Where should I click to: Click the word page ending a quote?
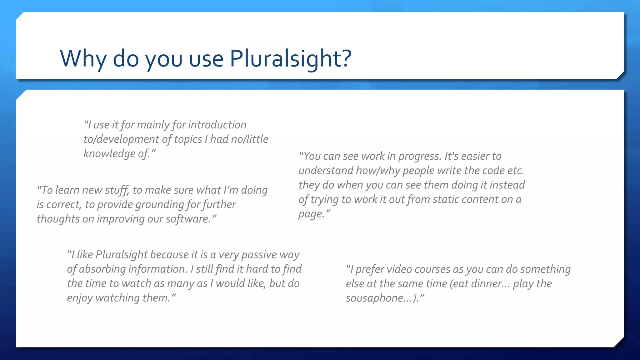(311, 214)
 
